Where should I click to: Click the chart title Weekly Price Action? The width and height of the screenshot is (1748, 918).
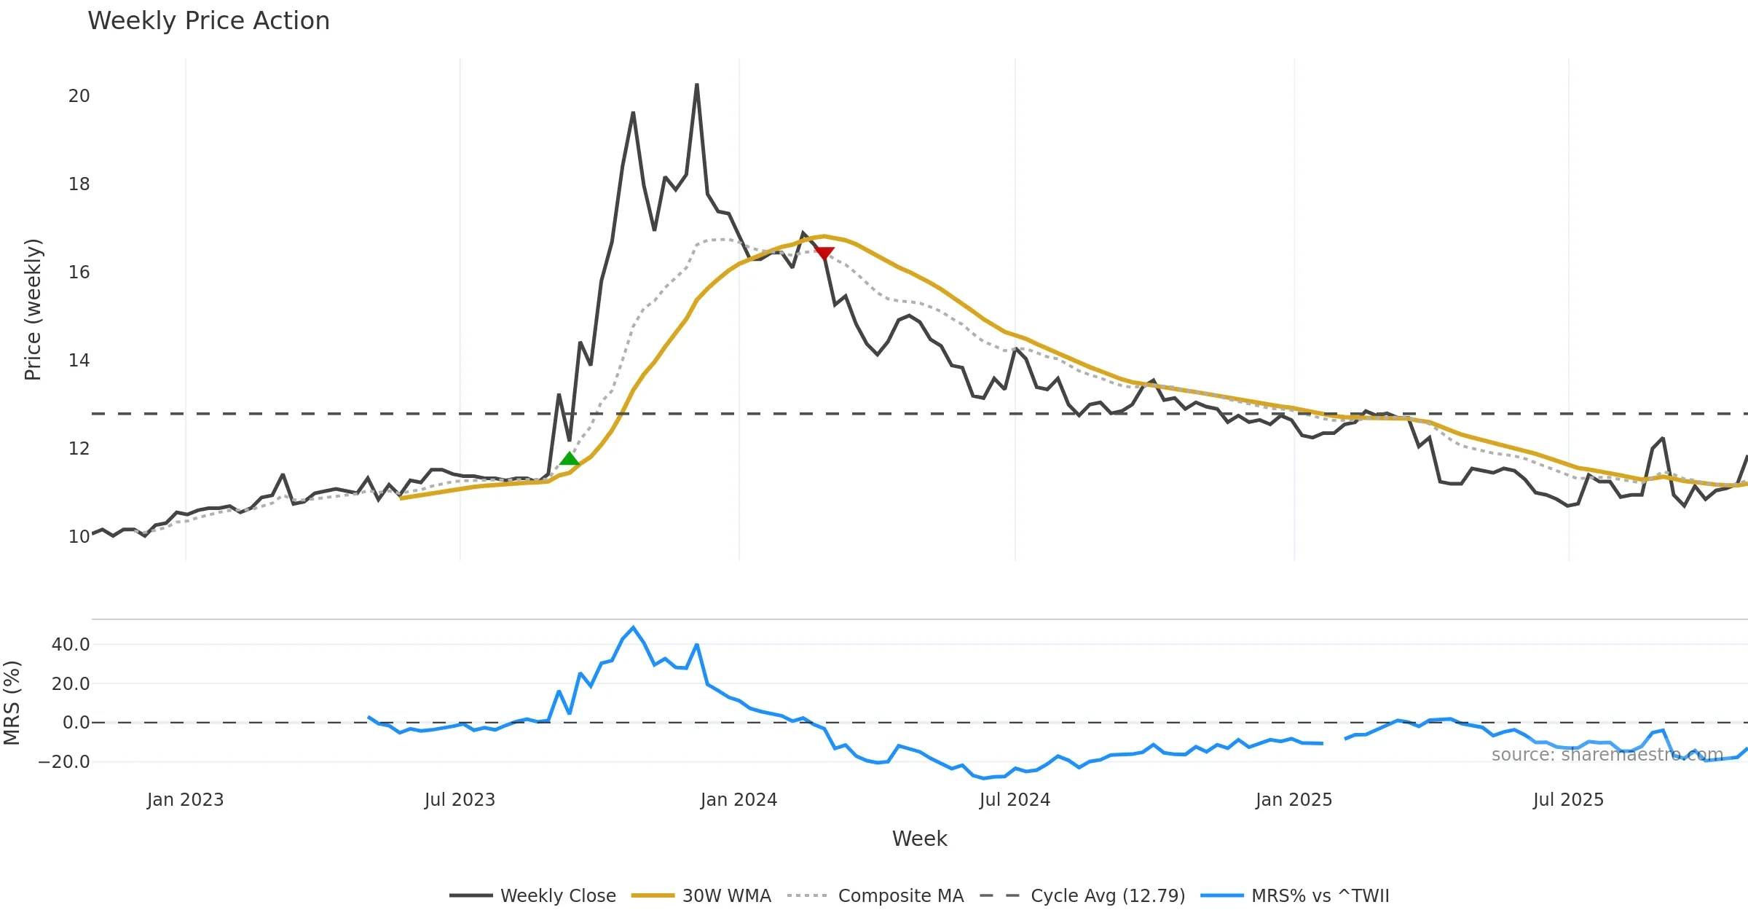click(x=208, y=21)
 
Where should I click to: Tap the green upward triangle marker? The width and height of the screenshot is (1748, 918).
click(x=570, y=458)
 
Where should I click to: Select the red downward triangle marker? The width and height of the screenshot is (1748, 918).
click(x=824, y=253)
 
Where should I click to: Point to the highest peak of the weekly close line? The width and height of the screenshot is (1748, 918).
click(x=697, y=85)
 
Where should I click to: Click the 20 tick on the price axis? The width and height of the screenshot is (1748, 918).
click(x=79, y=96)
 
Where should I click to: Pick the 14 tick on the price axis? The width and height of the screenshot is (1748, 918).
click(x=79, y=361)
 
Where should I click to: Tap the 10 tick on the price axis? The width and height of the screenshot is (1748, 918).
click(x=79, y=537)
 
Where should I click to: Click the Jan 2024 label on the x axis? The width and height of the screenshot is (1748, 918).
click(x=739, y=800)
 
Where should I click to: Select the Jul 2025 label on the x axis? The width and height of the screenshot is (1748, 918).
click(x=1568, y=800)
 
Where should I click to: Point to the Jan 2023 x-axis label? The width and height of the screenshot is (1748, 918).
click(x=185, y=800)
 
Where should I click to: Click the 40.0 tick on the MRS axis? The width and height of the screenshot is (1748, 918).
click(x=71, y=645)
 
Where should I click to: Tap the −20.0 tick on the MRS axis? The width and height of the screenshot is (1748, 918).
click(x=64, y=762)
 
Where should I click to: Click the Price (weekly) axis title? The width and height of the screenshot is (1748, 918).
click(x=34, y=310)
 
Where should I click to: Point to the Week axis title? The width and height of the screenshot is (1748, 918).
click(x=919, y=839)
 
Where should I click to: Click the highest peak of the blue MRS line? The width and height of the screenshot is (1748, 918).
click(x=633, y=627)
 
